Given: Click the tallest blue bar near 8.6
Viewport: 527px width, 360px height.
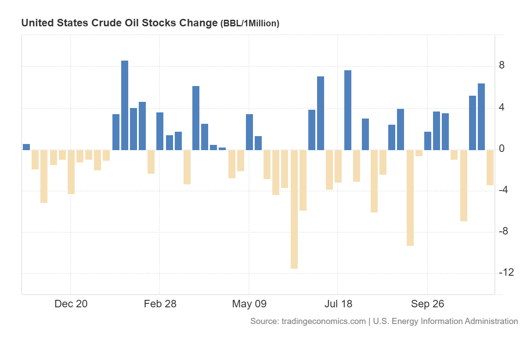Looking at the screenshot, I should [125, 105].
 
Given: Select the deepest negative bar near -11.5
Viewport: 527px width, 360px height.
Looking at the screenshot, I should [294, 209].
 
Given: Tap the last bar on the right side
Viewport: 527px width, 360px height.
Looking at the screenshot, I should [490, 167].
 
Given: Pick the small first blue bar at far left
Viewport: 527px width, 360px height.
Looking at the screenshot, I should [26, 147].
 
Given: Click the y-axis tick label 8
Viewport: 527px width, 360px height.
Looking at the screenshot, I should [502, 66].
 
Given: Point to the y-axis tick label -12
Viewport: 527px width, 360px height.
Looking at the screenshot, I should [506, 273].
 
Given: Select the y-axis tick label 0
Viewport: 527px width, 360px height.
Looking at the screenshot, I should [502, 149].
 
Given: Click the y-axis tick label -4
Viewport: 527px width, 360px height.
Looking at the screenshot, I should [504, 190].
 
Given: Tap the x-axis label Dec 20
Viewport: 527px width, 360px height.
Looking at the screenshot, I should [71, 304].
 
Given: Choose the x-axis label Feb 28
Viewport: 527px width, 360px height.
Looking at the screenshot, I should [160, 304].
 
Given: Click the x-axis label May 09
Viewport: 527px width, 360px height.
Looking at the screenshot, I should [249, 304].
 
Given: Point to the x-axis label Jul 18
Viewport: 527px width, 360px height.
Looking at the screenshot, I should [338, 304].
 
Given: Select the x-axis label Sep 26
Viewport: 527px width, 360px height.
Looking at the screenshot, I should [427, 304].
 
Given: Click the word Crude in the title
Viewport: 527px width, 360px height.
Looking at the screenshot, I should [104, 23].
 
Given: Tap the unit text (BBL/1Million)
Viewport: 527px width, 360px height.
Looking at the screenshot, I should [249, 24].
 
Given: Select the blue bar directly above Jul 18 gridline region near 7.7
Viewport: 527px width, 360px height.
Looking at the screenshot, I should [348, 110].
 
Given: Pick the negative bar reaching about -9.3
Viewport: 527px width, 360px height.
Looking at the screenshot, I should [410, 198].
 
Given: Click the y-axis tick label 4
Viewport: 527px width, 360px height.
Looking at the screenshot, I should [502, 108].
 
